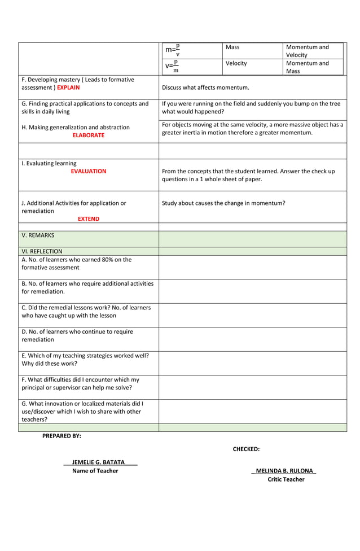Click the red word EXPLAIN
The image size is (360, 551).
pos(68,88)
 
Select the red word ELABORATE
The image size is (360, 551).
pos(88,135)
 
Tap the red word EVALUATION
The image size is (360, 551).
pos(88,171)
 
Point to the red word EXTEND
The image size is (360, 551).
pos(88,218)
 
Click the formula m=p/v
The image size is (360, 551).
pos(172,50)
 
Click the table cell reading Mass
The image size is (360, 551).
pos(232,47)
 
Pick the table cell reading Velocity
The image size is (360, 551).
pos(236,63)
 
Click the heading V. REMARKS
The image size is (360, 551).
pos(38,235)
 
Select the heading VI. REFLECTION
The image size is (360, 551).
pos(42,251)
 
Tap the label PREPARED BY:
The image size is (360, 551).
pos(62,436)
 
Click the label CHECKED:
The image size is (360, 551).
pos(246,449)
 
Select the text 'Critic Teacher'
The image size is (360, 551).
pos(286,479)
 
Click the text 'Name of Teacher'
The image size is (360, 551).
pos(95,471)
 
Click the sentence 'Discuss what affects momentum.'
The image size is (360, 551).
pos(205,88)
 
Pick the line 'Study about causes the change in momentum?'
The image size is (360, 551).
pos(223,203)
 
